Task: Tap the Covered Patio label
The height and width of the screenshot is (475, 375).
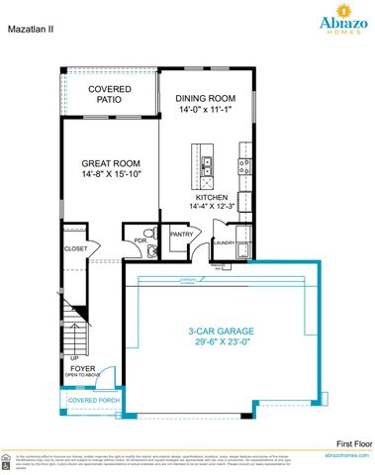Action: [x=109, y=95]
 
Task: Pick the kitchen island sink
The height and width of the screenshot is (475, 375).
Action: [x=208, y=164]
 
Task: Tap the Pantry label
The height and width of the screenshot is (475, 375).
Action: [x=180, y=234]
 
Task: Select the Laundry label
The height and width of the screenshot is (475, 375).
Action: [x=224, y=242]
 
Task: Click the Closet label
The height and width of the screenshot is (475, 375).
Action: [x=75, y=248]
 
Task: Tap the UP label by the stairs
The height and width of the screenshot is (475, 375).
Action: [x=73, y=357]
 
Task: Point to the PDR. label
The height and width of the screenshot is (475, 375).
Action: [x=141, y=238]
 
